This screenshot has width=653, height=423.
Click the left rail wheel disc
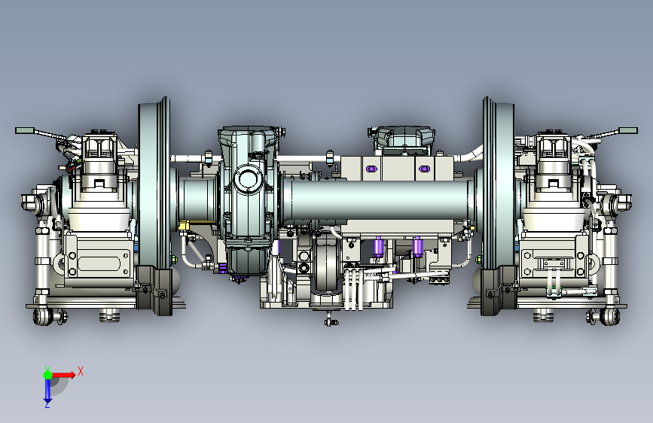(154, 183)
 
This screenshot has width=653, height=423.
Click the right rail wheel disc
(499, 183)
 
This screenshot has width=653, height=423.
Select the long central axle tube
(379, 201)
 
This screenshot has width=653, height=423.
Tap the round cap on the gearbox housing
(247, 179)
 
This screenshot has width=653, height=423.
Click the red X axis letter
(81, 371)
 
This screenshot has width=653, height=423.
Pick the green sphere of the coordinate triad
(47, 375)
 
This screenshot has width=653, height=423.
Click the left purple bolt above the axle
(371, 169)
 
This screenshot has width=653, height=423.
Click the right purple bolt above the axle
(424, 169)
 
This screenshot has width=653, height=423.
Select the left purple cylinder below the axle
(378, 247)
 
